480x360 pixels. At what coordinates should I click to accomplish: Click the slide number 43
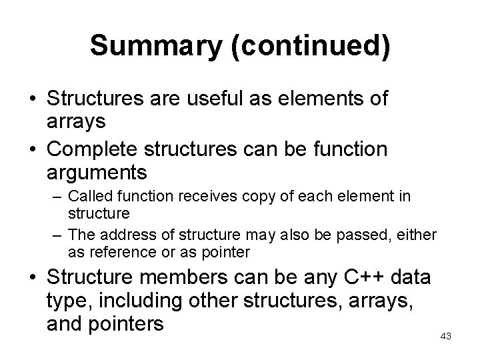[x=446, y=337]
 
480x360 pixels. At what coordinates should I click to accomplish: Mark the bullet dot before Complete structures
[x=31, y=150]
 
